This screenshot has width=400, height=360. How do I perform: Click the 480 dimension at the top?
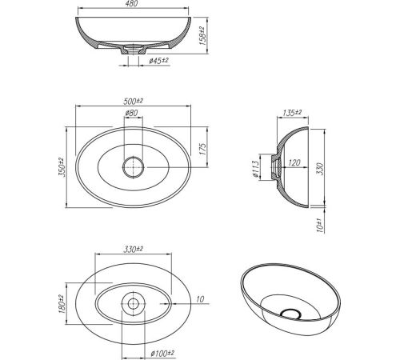tap(132, 3)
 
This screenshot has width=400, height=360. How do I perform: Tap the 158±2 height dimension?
tap(202, 36)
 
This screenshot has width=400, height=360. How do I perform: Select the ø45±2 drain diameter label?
tap(159, 61)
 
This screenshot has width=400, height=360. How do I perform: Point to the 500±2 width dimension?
tap(133, 101)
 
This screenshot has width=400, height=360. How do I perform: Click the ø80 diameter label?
tap(132, 113)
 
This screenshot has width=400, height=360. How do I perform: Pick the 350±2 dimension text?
tap(61, 167)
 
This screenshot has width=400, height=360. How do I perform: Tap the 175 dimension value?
tap(202, 150)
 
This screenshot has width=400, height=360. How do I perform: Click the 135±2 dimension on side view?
tap(292, 113)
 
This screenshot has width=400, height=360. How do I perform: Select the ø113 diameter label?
tap(255, 170)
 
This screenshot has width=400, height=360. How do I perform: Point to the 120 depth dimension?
tap(294, 162)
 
